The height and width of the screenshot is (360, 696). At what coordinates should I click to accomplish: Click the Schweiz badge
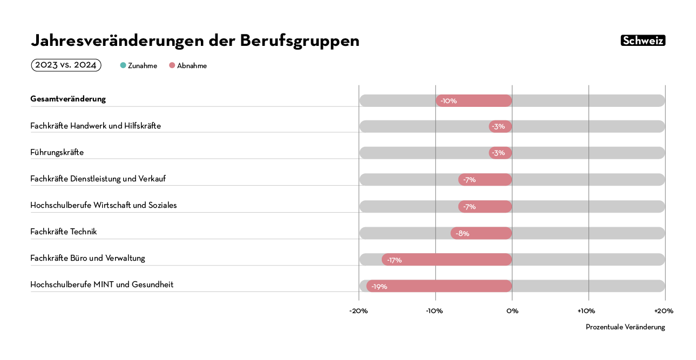coord(643,40)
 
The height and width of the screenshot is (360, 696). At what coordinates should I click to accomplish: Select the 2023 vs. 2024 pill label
coord(66,65)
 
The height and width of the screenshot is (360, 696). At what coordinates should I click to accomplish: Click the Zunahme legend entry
coord(139,66)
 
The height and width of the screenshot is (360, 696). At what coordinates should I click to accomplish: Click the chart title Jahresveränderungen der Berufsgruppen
coord(195,40)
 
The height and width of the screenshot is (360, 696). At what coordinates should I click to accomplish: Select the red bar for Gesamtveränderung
coord(474,101)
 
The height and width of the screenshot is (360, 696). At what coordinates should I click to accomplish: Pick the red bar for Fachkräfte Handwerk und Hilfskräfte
coord(501,126)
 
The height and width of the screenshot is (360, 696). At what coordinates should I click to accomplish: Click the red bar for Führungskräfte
coord(501,153)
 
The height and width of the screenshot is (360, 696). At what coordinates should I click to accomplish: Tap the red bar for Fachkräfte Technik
coord(481,233)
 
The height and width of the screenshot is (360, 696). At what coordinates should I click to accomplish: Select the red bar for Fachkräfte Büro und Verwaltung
coord(447,260)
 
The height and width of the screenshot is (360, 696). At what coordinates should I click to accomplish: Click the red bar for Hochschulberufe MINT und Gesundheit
coord(439,286)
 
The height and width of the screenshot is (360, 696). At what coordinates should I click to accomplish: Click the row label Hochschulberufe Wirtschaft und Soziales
coord(104,205)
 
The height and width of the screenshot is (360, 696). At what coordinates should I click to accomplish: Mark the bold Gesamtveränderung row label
coord(68,99)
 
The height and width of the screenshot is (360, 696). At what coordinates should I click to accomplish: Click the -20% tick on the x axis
coord(359,311)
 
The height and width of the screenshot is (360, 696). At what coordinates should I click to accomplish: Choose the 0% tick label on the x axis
coord(512,311)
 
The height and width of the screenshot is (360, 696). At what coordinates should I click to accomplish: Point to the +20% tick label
coord(664,311)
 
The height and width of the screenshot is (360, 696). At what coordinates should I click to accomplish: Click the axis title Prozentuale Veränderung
coord(625,327)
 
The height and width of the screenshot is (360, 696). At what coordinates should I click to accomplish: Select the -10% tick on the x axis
coord(435,311)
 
